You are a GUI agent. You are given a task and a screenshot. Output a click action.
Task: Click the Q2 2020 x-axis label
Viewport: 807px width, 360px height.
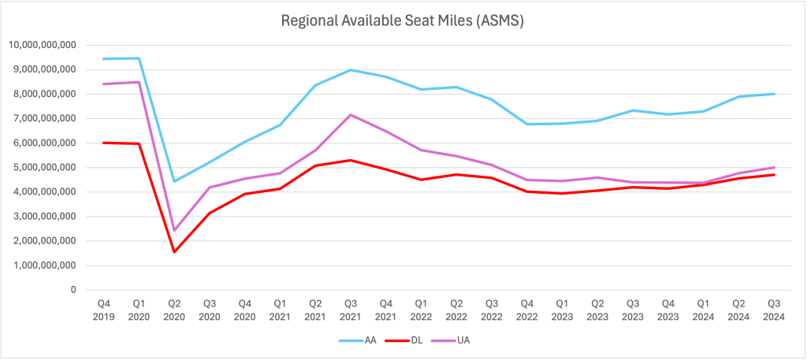pyautogui.click(x=174, y=310)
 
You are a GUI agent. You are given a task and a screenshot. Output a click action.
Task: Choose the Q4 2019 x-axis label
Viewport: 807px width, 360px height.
pyautogui.click(x=103, y=310)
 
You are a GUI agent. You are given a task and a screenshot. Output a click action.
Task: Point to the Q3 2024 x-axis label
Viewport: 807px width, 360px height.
pyautogui.click(x=774, y=310)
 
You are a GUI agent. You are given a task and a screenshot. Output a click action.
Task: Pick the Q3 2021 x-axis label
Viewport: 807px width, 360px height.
pyautogui.click(x=351, y=310)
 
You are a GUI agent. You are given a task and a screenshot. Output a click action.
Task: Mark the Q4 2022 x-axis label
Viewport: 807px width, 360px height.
pyautogui.click(x=527, y=310)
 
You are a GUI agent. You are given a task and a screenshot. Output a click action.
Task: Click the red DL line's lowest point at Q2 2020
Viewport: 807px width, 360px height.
pyautogui.click(x=174, y=252)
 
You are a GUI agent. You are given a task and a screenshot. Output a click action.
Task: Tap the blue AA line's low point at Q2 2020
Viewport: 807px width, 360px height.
pyautogui.click(x=174, y=181)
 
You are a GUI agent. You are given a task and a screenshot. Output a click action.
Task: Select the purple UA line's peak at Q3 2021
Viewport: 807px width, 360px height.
pyautogui.click(x=351, y=115)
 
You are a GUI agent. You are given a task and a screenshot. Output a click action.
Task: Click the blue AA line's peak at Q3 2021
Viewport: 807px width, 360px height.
pyautogui.click(x=351, y=70)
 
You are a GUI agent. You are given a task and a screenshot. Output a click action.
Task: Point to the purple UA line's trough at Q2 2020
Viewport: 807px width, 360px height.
pyautogui.click(x=174, y=230)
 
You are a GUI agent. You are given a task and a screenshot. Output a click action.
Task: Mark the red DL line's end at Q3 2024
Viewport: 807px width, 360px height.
pyautogui.click(x=774, y=175)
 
